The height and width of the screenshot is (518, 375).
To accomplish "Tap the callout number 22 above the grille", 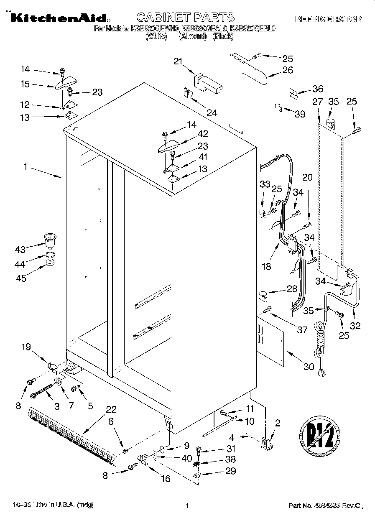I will tap(111, 409).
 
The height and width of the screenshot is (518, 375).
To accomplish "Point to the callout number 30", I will tap(308, 367).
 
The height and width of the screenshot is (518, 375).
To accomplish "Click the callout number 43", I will tap(20, 250).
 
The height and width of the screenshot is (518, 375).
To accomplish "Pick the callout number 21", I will tap(179, 62).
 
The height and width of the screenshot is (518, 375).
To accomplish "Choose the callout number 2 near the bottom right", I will tap(278, 423).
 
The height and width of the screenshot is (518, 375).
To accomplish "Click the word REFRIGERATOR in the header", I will tap(328, 19).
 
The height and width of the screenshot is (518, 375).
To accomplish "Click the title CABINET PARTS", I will tap(186, 17).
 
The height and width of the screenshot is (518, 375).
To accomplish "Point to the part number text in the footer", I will tap(324, 506).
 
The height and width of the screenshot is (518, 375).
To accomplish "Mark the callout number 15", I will tap(25, 84).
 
